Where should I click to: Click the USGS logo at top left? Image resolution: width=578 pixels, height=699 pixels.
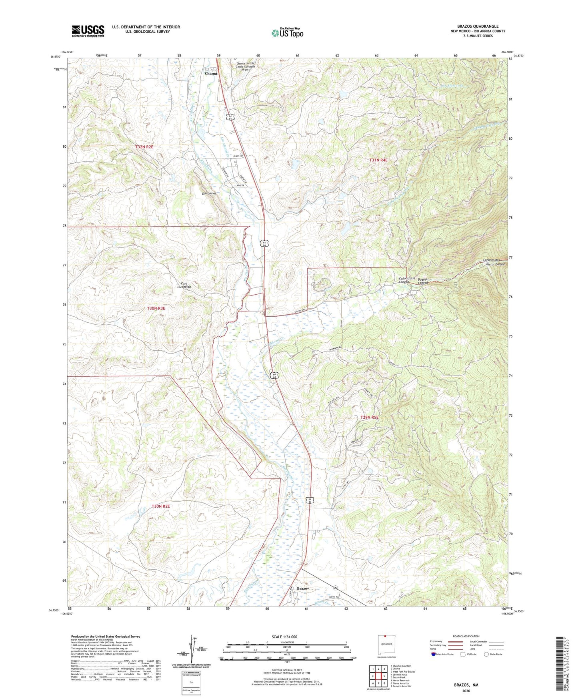(x=88, y=31)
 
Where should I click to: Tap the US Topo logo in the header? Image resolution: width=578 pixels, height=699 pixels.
(x=287, y=33)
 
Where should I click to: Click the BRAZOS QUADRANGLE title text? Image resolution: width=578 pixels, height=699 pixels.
(x=478, y=26)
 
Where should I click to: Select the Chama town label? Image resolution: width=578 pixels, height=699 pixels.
(x=211, y=74)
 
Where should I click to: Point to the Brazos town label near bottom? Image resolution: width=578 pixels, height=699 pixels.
(x=303, y=589)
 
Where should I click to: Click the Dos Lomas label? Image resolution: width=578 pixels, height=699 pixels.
(x=209, y=193)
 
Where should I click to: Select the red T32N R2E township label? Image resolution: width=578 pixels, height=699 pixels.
(x=144, y=147)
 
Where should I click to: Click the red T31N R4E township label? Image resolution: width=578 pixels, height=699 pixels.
(x=378, y=160)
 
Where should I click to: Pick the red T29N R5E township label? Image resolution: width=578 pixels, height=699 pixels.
(x=369, y=418)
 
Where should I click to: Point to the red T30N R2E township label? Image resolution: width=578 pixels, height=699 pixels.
(x=161, y=506)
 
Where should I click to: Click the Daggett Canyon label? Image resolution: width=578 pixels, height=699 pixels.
(x=423, y=281)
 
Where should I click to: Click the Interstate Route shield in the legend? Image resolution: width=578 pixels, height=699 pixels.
(x=434, y=654)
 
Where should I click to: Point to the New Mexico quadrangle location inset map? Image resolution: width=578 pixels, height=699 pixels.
(x=386, y=644)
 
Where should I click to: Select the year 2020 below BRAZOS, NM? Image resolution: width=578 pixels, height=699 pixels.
(x=466, y=691)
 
